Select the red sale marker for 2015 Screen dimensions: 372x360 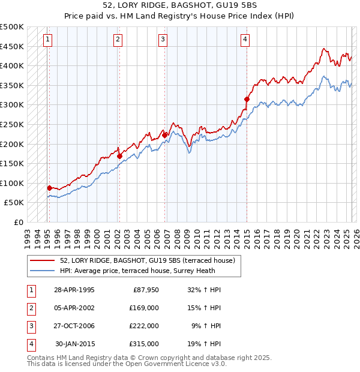tap(247, 99)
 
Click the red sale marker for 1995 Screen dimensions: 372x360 tap(49, 188)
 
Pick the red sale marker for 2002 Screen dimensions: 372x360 tap(119, 156)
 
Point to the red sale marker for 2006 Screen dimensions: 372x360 tap(165, 136)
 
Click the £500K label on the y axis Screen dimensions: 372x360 tap(12, 27)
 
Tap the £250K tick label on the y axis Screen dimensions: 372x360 tap(12, 124)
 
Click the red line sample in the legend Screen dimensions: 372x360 tap(43, 260)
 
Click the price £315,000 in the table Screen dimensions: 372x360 tap(144, 344)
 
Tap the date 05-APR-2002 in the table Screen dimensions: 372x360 tap(74, 308)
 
